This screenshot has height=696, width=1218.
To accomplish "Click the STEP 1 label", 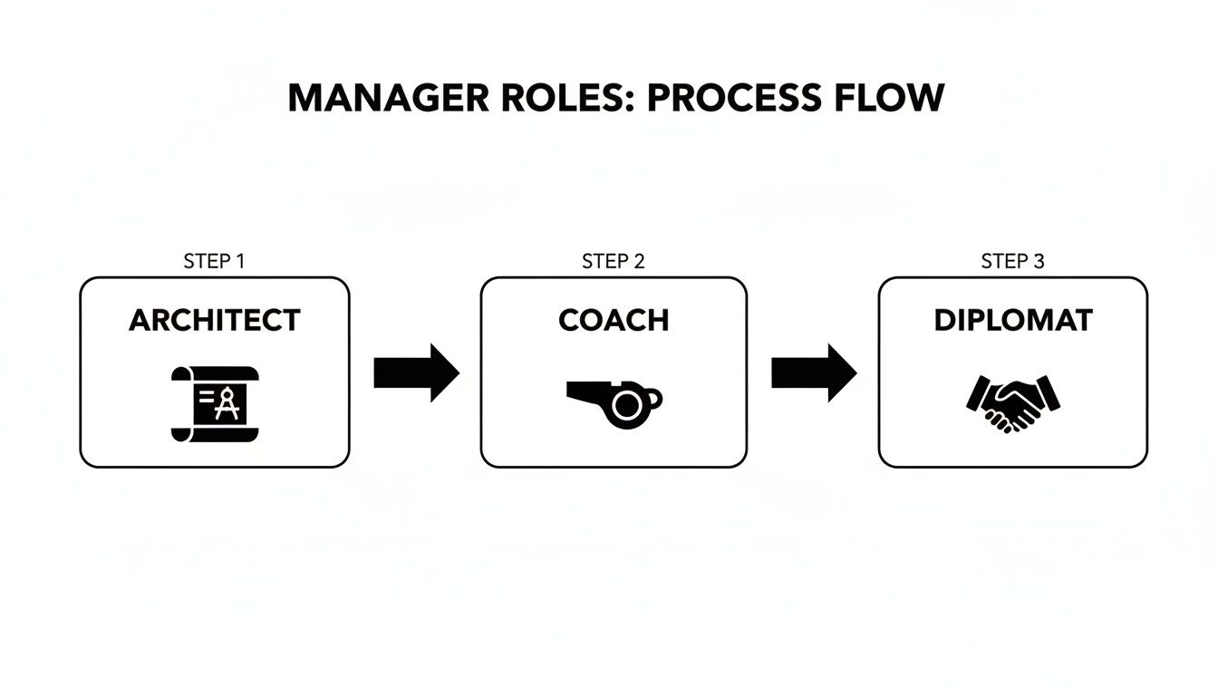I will coord(214,262).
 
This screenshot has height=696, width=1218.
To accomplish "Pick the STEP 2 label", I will coord(613,262).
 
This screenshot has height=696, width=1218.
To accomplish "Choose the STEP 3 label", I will coord(1012,262).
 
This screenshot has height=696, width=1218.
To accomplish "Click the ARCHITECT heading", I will coord(214,320).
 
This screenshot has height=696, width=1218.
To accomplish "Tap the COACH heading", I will coord(614,320).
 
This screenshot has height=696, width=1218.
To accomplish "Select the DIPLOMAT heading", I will coord(1012,320).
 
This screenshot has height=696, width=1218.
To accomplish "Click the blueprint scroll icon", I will coord(215,403).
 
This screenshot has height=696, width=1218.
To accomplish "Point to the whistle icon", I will coord(614,401).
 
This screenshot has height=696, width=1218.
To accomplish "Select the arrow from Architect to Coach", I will coord(416,372).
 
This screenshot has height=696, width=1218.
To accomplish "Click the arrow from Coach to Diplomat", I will coord(814,372).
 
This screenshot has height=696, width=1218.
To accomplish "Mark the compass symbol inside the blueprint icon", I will coord(227,403).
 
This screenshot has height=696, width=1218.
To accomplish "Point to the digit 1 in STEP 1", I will coord(240,262).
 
